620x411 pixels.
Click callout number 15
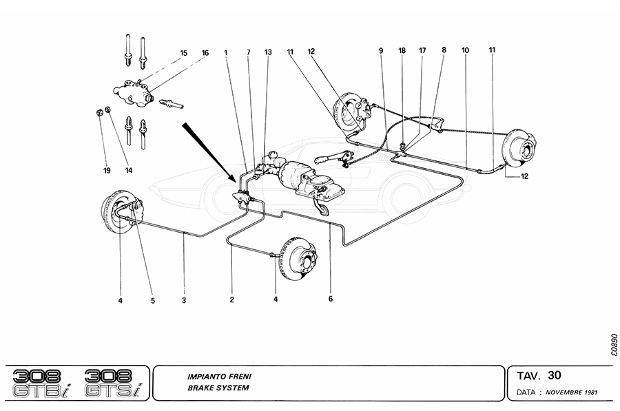[184, 53]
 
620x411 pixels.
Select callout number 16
[205, 53]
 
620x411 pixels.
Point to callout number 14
[128, 169]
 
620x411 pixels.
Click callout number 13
[268, 52]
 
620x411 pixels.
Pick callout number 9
[380, 50]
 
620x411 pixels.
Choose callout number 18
[402, 50]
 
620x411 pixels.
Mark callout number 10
[466, 50]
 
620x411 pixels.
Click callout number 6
[331, 300]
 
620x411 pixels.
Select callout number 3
[184, 300]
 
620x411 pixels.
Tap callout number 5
[153, 300]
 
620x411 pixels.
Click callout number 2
[232, 300]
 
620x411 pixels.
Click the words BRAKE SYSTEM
[217, 388]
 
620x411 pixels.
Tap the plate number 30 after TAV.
[555, 376]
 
